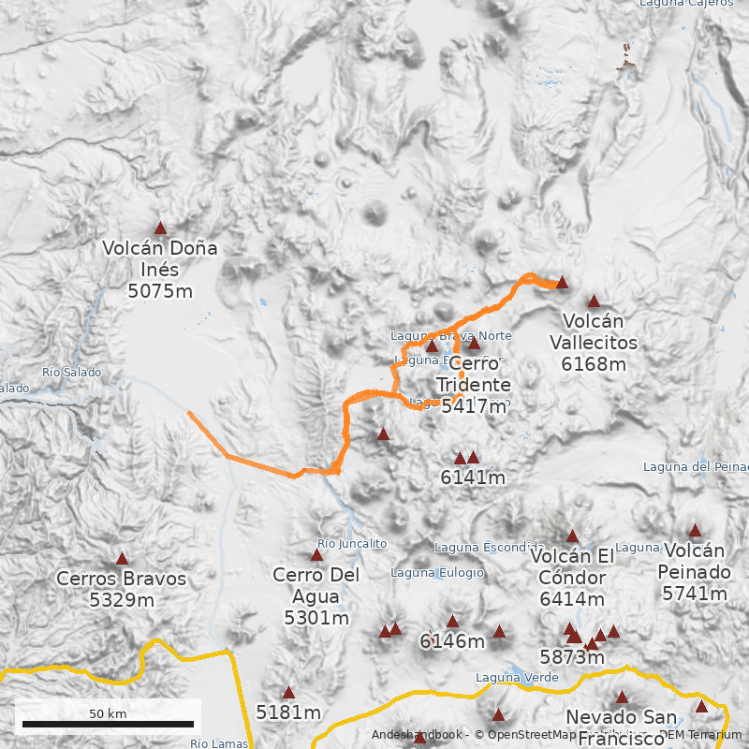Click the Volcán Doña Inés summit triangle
[160, 228]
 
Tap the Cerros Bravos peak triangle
[122, 558]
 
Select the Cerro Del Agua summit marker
[316, 555]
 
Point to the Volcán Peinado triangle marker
[695, 530]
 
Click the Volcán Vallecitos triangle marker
[594, 301]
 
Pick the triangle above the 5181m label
[288, 693]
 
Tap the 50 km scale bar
[108, 724]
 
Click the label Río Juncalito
[352, 543]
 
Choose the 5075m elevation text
[160, 291]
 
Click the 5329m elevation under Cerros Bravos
[122, 600]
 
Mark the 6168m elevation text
[594, 364]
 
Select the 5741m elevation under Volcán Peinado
[695, 594]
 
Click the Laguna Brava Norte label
[451, 336]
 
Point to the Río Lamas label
[219, 743]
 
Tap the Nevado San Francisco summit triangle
[622, 697]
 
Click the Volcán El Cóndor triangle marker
[572, 536]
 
